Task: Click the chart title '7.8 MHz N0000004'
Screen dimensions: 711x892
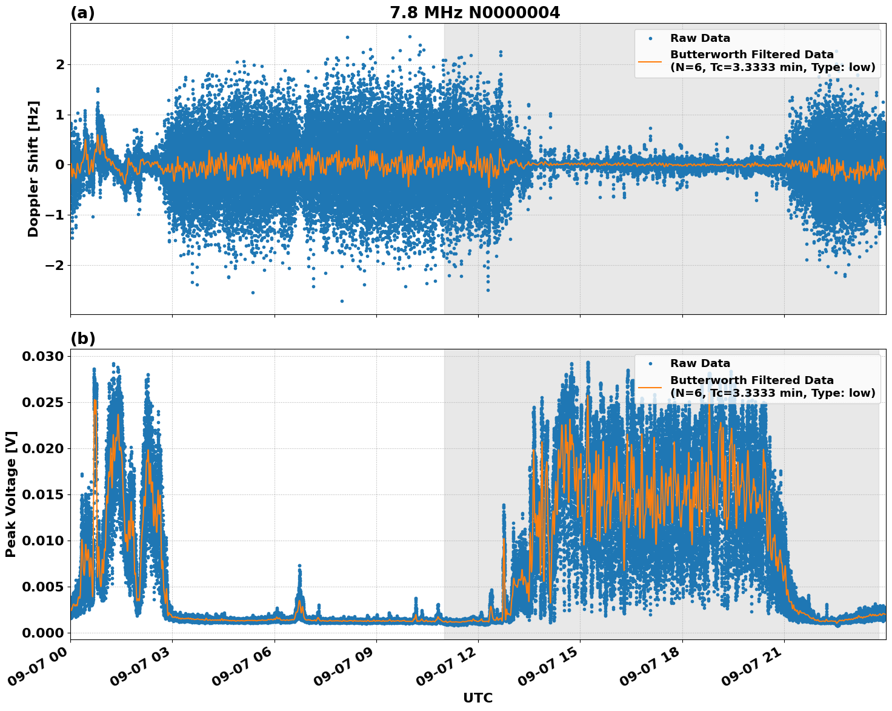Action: coord(474,12)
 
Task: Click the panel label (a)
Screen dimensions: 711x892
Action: coord(82,13)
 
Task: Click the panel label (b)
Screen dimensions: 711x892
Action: coord(82,339)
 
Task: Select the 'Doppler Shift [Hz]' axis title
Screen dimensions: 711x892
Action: coord(33,169)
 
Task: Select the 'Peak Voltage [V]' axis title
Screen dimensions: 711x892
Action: coord(11,494)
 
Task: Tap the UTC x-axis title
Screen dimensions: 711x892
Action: coord(478,698)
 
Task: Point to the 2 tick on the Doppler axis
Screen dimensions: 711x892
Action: coord(59,64)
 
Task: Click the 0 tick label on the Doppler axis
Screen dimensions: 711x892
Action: coord(59,165)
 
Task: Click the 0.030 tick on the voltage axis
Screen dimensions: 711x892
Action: coord(42,356)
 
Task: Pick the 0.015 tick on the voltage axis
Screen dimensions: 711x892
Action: coord(42,494)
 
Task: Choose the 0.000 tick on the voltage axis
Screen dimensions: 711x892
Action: coord(42,633)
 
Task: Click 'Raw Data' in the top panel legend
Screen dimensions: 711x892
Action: coord(700,38)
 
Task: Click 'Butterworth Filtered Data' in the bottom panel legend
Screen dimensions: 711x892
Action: coord(751,380)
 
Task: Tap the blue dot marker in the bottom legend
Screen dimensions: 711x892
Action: coord(650,363)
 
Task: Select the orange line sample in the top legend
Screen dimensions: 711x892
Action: coord(650,61)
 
